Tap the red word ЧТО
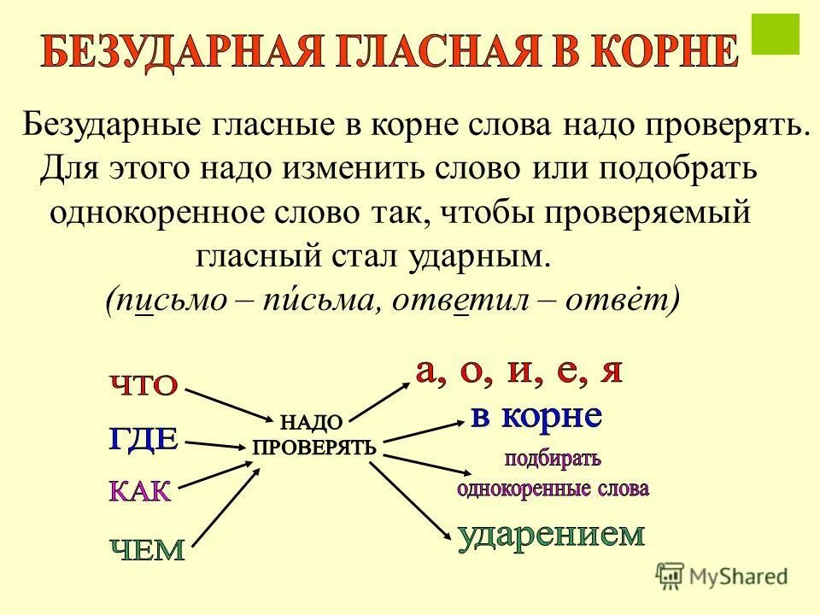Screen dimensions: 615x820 pyautogui.click(x=143, y=385)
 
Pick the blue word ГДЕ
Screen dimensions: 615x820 pyautogui.click(x=143, y=438)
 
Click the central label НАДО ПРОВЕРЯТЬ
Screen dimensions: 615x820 pyautogui.click(x=313, y=435)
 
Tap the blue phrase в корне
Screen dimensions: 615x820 pyautogui.click(x=537, y=416)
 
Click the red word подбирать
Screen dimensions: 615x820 pyautogui.click(x=553, y=458)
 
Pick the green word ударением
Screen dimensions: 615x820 pyautogui.click(x=551, y=535)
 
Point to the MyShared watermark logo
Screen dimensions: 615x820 pyautogui.click(x=722, y=575)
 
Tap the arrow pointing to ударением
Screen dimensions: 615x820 pyautogui.click(x=410, y=500)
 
